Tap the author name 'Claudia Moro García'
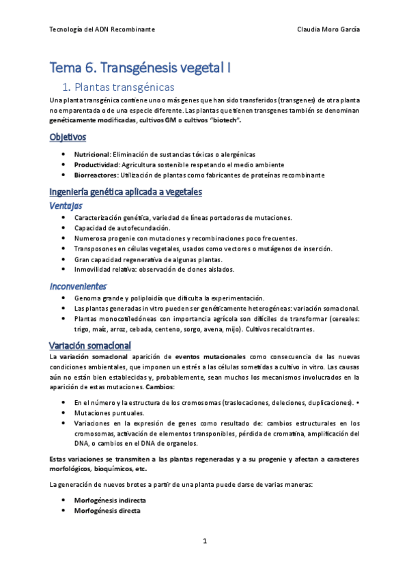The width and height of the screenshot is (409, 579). click(329, 30)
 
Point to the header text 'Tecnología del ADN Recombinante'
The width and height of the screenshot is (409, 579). click(102, 30)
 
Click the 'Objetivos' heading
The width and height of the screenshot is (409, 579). click(68, 138)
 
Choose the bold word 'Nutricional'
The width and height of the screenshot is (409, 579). click(91, 154)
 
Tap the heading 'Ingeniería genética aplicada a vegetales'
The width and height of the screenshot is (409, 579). click(126, 192)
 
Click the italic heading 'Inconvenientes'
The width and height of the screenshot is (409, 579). click(78, 286)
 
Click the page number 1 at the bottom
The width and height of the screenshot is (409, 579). click(204, 541)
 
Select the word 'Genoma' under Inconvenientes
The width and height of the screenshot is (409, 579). click(87, 298)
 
